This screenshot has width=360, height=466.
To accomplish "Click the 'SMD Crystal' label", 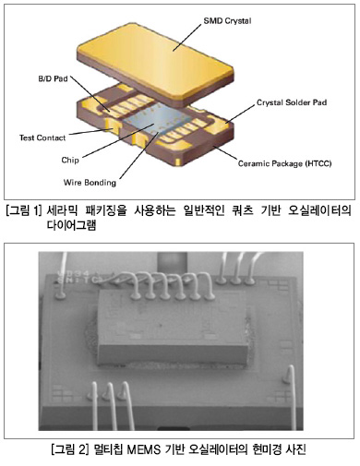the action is point(227,21).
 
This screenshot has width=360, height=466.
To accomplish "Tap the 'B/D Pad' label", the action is point(53,78).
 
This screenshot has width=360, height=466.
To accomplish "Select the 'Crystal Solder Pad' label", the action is point(292,102).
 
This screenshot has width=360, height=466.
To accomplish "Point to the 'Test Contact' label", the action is point(42,137).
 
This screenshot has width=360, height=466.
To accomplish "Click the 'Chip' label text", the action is point(70,160).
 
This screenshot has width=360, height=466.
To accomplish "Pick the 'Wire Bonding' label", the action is point(90,183).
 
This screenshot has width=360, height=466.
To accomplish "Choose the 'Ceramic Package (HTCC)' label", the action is point(284,163).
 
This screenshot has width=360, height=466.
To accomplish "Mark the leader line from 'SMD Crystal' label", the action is point(186,37).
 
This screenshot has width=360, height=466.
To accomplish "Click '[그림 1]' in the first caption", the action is point(24,211).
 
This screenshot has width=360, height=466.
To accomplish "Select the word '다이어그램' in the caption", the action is point(71,225).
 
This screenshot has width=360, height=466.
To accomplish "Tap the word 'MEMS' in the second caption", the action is point(144,449).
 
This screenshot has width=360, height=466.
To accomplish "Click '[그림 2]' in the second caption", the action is point(70,449).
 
